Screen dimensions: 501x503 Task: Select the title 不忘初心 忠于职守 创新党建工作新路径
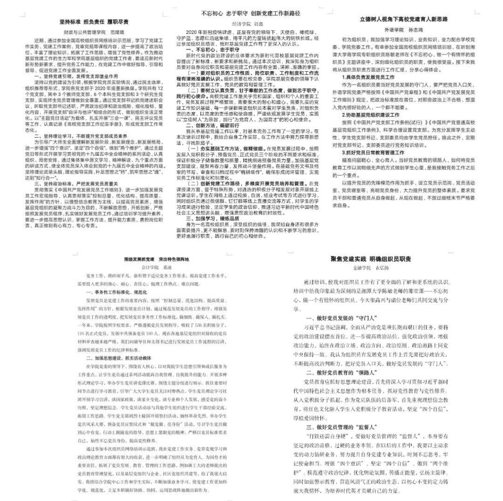(x=251, y=13)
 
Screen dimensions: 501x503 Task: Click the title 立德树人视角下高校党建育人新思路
(x=404, y=20)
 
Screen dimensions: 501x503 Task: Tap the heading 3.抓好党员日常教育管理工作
(x=373, y=152)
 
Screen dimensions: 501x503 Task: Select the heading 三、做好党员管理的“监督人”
(x=342, y=427)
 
